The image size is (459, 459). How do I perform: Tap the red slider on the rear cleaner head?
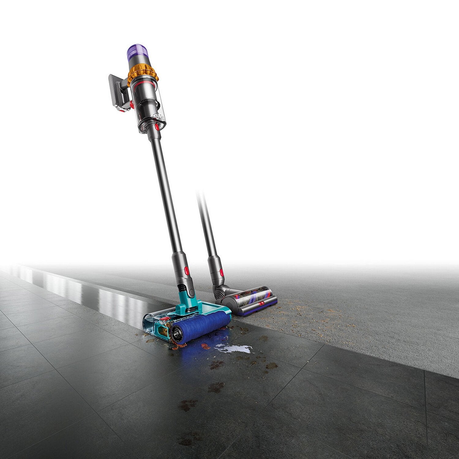point(262,303)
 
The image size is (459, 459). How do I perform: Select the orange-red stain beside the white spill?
point(206,346)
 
